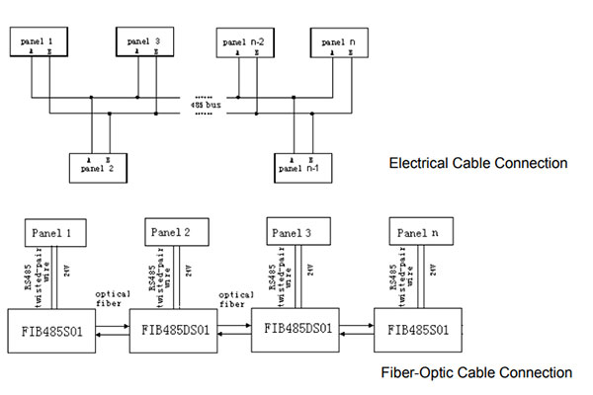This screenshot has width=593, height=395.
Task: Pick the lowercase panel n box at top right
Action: coord(339,42)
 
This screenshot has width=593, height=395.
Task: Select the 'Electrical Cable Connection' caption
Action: coord(477,163)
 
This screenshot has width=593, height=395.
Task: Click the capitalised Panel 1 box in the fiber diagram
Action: coord(54,233)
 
